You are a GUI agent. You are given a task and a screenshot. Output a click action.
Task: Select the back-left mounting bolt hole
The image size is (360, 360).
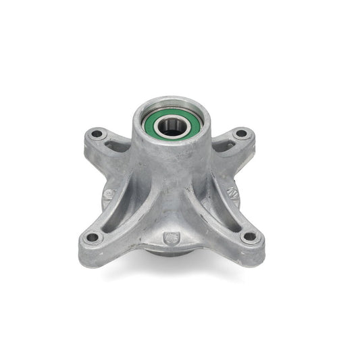[97, 134]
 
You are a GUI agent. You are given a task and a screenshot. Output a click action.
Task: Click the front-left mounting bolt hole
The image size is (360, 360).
[93, 238]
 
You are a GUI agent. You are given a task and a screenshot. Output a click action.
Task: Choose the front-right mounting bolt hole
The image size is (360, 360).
[249, 237]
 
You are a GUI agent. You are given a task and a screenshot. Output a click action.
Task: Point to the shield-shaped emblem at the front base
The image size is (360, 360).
[172, 238]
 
